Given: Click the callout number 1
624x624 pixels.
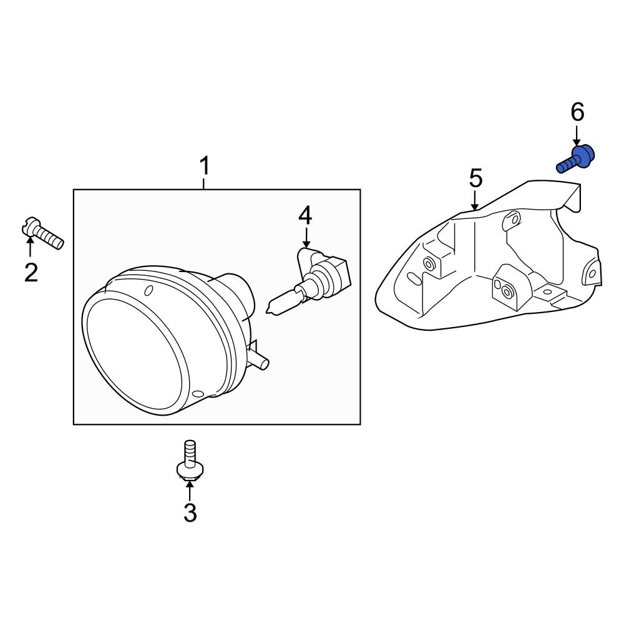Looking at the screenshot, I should pos(204,167).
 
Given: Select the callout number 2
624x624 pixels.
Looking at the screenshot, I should pos(31,272).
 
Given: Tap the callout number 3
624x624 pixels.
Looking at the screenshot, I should pos(190,513).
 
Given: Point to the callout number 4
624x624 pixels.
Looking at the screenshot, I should pos(305,215).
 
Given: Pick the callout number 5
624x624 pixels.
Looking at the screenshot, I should pos(475,179).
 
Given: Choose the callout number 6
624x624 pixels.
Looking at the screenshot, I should pos(577,112).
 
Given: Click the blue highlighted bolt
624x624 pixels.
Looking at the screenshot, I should pos(576,158).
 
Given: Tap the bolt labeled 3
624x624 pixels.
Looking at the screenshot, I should pos(189,461).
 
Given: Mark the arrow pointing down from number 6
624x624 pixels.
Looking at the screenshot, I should pos(577,135).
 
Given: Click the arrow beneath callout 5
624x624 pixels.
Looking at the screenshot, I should pos(475,200).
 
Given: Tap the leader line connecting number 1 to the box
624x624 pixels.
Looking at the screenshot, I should pos(204,183).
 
